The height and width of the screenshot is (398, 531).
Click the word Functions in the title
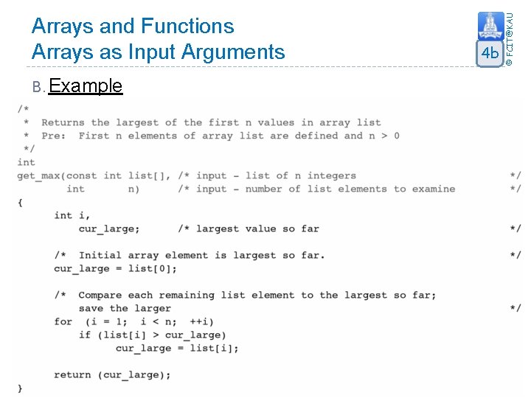pyautogui.click(x=188, y=27)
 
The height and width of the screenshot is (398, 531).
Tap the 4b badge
pyautogui.click(x=490, y=53)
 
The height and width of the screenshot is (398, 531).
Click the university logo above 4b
pyautogui.click(x=490, y=27)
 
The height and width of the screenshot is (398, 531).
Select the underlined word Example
pyautogui.click(x=86, y=86)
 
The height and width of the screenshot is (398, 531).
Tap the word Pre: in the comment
pyautogui.click(x=53, y=136)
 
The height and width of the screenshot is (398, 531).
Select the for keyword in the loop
pyautogui.click(x=63, y=321)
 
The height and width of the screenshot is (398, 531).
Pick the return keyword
pyautogui.click(x=72, y=374)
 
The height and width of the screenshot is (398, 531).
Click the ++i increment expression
pyautogui.click(x=201, y=321)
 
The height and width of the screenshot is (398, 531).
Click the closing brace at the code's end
pyautogui.click(x=20, y=388)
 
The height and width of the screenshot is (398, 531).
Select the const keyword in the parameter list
pyautogui.click(x=81, y=175)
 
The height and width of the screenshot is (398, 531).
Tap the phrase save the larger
pyautogui.click(x=125, y=308)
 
